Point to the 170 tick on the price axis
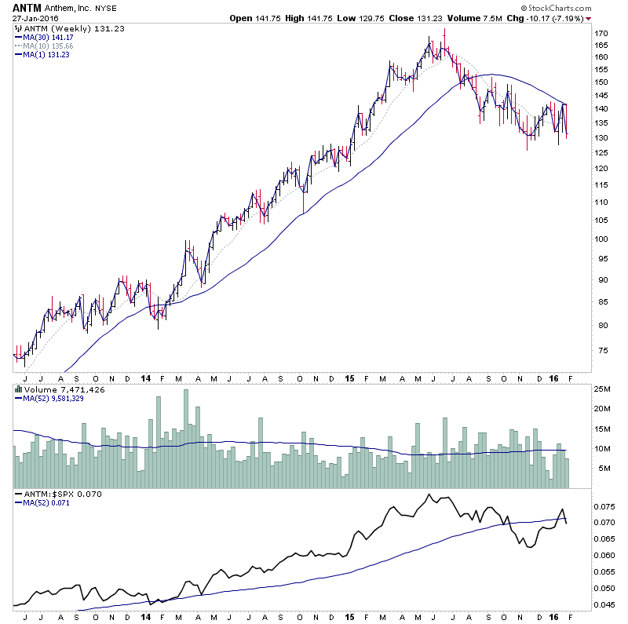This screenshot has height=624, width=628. [602, 34]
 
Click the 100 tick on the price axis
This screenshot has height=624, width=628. [602, 239]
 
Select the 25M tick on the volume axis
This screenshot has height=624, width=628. [603, 389]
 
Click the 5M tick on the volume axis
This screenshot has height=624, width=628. [601, 469]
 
